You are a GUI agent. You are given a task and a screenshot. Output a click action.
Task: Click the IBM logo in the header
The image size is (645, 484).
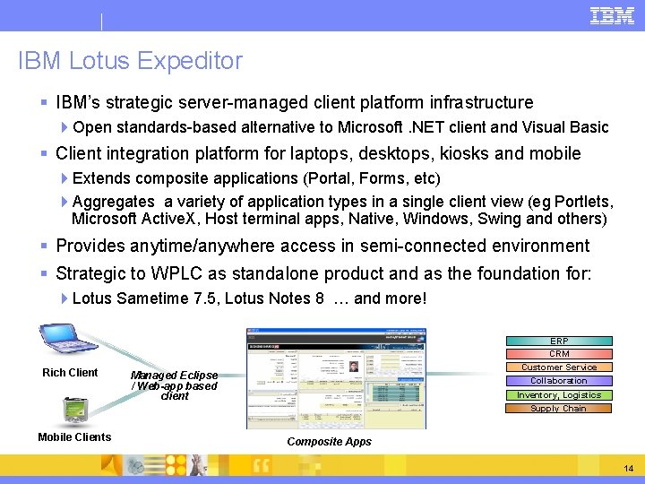click(612, 15)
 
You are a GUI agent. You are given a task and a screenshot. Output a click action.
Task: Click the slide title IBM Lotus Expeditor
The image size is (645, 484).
click(130, 61)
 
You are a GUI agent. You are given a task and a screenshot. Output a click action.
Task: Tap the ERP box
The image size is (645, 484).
click(559, 341)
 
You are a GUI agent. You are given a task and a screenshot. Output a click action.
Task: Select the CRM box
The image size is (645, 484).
click(559, 353)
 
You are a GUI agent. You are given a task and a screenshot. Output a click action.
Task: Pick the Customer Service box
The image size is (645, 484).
click(559, 367)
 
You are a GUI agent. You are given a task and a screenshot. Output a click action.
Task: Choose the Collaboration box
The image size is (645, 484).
click(559, 380)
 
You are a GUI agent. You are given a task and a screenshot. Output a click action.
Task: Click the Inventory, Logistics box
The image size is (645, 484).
click(559, 394)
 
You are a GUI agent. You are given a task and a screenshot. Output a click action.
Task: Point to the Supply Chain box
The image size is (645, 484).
click(559, 408)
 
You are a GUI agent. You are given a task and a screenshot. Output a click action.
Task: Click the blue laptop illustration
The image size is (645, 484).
click(69, 341)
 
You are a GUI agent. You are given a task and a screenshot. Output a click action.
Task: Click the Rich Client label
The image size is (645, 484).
click(70, 373)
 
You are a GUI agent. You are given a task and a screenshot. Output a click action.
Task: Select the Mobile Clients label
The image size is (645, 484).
click(74, 437)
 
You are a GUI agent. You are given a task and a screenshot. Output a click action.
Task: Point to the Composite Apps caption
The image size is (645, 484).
click(329, 442)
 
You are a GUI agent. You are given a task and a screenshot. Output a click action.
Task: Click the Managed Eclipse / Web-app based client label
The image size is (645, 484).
click(174, 385)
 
